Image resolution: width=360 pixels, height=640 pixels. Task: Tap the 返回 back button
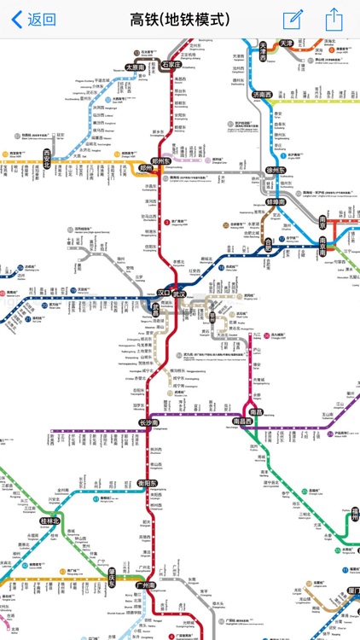coord(34,19)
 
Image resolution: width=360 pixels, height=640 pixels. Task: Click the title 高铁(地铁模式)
coord(180,19)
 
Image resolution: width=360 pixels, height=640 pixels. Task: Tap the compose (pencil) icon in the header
coord(293,19)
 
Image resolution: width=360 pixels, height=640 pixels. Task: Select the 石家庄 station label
coord(171,64)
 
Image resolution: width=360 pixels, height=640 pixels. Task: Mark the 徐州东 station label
coord(276,170)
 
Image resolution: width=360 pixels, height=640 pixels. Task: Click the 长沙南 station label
coord(150,422)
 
